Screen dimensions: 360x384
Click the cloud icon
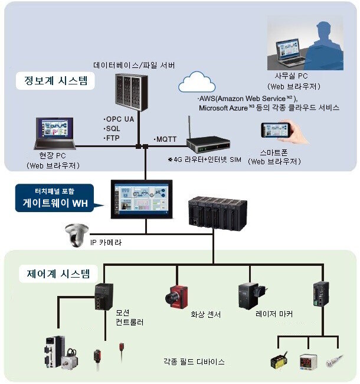coord(197,82)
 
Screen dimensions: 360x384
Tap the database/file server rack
coord(132,93)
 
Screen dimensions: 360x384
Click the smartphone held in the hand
coord(276,130)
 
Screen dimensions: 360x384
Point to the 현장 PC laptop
coord(54,134)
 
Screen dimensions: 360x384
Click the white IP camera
coord(77,235)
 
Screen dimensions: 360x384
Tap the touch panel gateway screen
coord(142,199)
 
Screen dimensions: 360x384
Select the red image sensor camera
coord(176,297)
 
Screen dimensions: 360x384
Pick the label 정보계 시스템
coord(55,80)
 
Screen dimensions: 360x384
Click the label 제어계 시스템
coord(58,274)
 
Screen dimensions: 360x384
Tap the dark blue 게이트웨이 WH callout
coord(55,198)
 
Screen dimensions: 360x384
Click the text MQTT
coord(166,139)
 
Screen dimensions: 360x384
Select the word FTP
coord(113,138)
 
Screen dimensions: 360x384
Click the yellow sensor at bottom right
coord(279,360)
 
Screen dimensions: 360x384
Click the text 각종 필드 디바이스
coord(194,362)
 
